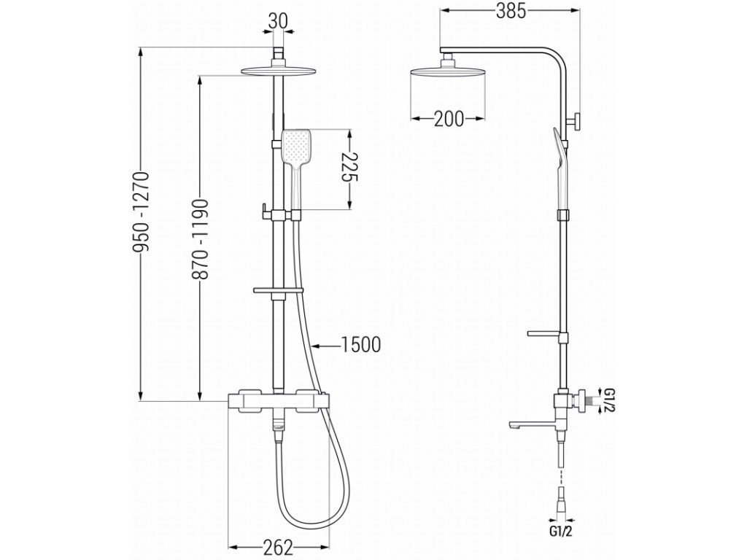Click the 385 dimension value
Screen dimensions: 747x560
[x=512, y=12]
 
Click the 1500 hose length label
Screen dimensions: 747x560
[x=361, y=344]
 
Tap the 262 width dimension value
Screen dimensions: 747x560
[x=277, y=547]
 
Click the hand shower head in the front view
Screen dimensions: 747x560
[x=298, y=147]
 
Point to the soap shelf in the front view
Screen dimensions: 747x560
[x=277, y=292]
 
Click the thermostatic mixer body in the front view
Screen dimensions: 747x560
[x=278, y=401]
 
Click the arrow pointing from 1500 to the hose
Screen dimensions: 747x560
[x=321, y=344]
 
